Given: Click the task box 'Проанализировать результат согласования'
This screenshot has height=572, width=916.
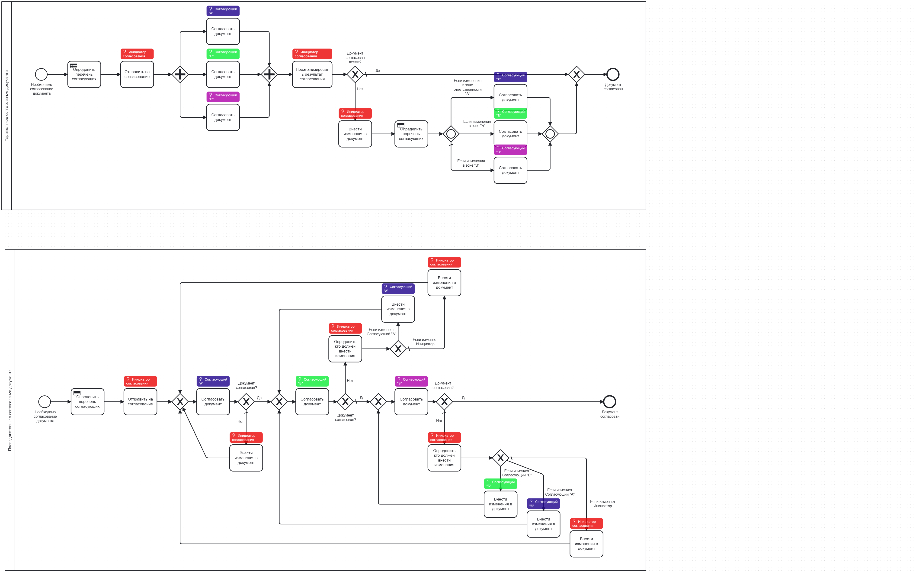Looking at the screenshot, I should [x=312, y=74].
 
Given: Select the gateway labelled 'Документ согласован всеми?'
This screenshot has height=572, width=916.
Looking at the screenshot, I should [x=355, y=74].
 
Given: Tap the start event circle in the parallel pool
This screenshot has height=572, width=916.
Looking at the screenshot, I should [x=41, y=74].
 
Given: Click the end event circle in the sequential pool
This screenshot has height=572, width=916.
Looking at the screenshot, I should [x=609, y=401].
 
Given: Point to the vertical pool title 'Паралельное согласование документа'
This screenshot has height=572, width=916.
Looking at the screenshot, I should [x=6, y=106].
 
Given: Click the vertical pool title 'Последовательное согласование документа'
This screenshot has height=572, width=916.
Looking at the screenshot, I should [x=10, y=410].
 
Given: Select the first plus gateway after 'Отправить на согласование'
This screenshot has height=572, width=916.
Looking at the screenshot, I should [x=180, y=74].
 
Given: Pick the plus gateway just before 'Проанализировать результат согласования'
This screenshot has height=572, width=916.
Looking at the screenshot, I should [x=269, y=74].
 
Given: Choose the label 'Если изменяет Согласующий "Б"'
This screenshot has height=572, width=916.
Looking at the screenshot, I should [x=516, y=473].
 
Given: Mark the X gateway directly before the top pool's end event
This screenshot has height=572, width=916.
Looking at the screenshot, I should [x=576, y=74].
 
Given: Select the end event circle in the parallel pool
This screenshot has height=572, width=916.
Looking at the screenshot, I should [x=613, y=74].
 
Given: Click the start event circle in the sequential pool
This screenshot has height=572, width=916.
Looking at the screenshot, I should [x=45, y=401].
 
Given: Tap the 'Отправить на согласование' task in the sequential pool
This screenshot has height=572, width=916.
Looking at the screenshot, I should [x=140, y=402].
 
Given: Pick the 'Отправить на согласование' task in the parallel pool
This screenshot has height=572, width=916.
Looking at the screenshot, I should [x=137, y=74].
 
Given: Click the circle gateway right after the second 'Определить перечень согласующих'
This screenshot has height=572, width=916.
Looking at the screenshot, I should [x=451, y=134].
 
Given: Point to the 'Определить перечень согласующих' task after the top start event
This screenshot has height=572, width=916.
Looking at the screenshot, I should [x=84, y=74].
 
